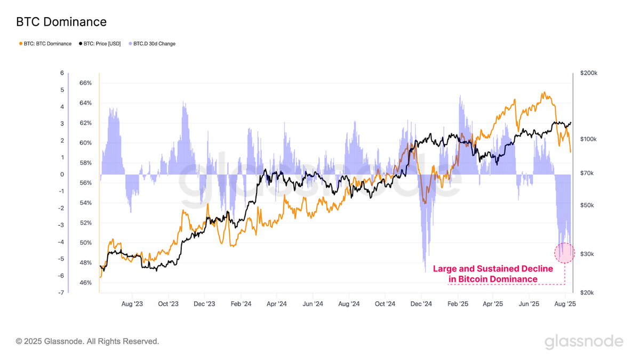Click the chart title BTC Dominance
pyautogui.click(x=61, y=22)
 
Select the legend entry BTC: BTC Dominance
pyautogui.click(x=45, y=44)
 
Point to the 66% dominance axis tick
pyautogui.click(x=85, y=83)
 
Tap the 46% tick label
pyautogui.click(x=85, y=283)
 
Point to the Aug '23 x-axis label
pyautogui.click(x=132, y=304)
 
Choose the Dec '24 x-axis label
pyautogui.click(x=421, y=304)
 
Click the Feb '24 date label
pyautogui.click(x=240, y=304)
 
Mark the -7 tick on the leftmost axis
pyautogui.click(x=61, y=293)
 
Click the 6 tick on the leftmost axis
pyautogui.click(x=62, y=73)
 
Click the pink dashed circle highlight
pyautogui.click(x=564, y=253)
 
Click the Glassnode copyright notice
pyautogui.click(x=87, y=341)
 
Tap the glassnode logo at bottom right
pyautogui.click(x=583, y=341)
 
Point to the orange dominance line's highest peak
pyautogui.click(x=544, y=92)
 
